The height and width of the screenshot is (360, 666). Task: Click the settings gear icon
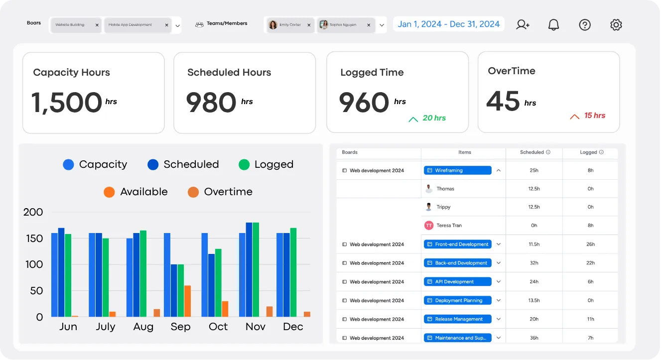click(616, 25)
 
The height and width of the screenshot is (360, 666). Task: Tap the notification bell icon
click(553, 25)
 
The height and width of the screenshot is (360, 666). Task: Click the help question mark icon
click(585, 25)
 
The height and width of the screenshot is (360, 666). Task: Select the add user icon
click(523, 24)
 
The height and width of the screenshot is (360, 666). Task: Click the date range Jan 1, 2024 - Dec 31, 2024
click(449, 24)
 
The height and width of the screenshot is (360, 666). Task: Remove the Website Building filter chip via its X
click(97, 25)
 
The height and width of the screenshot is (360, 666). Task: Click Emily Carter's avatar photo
click(272, 25)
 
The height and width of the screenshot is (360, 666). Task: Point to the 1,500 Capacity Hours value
click(67, 103)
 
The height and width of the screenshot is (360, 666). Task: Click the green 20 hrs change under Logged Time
click(434, 118)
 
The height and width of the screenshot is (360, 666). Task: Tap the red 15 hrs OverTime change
click(595, 116)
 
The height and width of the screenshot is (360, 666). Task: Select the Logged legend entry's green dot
click(244, 164)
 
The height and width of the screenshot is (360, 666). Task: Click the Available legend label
click(144, 192)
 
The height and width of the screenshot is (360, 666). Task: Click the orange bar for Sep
click(187, 301)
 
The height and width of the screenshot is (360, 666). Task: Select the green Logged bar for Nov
click(256, 269)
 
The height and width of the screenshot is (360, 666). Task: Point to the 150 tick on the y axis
click(34, 239)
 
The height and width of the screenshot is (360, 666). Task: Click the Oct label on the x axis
click(218, 327)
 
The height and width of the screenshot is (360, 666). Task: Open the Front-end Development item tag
click(458, 244)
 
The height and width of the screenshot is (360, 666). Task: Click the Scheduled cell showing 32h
click(534, 263)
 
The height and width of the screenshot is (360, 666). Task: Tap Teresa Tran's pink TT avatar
click(429, 226)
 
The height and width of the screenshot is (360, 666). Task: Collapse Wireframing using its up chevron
click(499, 170)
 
